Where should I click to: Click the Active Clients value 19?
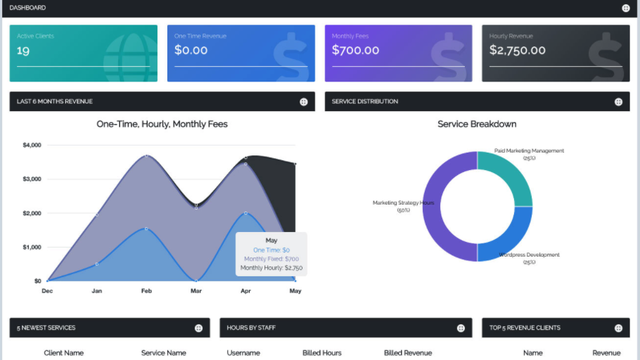[23, 50]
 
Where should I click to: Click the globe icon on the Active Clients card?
[128, 54]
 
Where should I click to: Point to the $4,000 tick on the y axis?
[31, 145]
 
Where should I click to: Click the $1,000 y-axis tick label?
[31, 247]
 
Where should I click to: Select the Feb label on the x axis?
[146, 291]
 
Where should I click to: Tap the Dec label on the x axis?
[47, 291]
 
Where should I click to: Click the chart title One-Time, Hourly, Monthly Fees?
[162, 125]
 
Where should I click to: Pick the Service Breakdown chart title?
[477, 125]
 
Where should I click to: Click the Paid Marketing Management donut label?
[528, 151]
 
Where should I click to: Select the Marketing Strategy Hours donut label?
[404, 202]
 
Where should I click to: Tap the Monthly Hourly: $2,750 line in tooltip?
[271, 268]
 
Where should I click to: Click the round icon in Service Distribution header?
[619, 101]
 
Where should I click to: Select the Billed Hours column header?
[322, 352]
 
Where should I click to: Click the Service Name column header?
[163, 352]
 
